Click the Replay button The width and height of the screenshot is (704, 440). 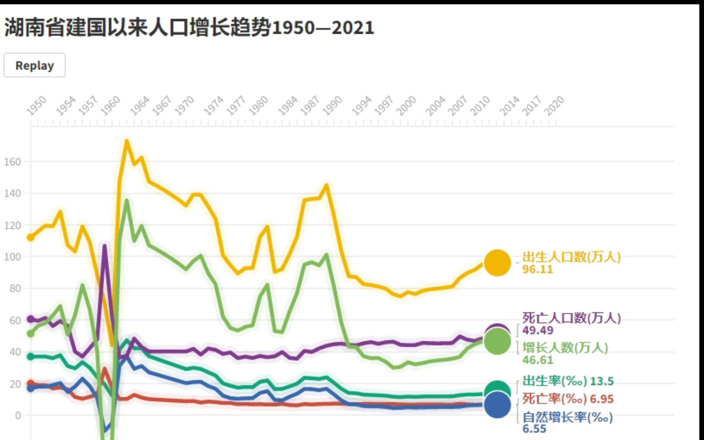tap(35, 66)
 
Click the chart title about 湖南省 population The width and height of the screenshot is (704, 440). tap(189, 28)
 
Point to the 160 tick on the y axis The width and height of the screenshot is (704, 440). tap(13, 162)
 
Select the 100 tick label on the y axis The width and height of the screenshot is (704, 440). tap(13, 257)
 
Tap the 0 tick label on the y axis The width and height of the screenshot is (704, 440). tap(18, 416)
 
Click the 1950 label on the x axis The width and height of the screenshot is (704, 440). tap(37, 106)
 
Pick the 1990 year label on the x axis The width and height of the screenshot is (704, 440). tap(332, 106)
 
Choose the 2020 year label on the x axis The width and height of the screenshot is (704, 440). tap(554, 106)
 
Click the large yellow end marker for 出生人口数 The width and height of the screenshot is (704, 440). tap(497, 263)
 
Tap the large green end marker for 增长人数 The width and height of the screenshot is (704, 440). tap(497, 342)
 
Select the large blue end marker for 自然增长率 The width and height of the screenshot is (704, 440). tap(497, 405)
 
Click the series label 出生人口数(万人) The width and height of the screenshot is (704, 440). tap(571, 257)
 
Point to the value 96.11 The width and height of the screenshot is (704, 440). tap(537, 269)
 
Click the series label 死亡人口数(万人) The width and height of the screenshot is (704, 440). tap(571, 318)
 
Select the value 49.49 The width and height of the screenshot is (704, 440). tap(537, 330)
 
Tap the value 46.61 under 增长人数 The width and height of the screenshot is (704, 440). tap(537, 360)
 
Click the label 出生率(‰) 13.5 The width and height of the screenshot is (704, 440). tap(568, 381)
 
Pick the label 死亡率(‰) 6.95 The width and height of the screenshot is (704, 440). tap(567, 399)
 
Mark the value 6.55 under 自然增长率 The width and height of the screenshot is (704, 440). tap(534, 429)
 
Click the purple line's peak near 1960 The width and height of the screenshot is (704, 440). tap(105, 246)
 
